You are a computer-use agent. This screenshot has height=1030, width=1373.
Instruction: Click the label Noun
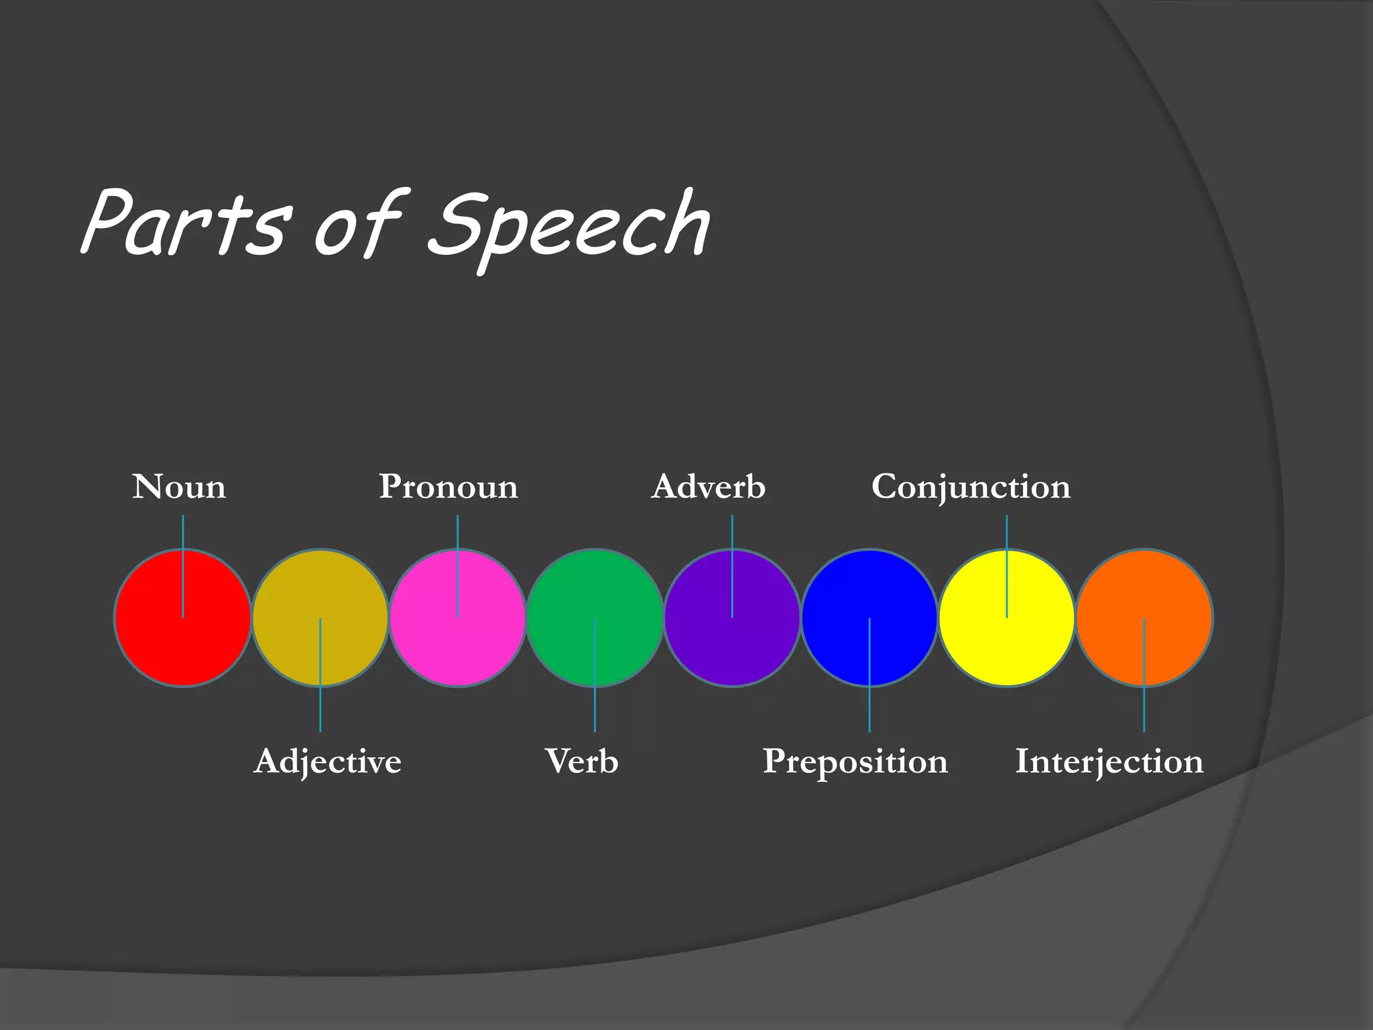pos(179,487)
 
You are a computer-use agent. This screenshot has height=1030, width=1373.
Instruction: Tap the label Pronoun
pos(449,487)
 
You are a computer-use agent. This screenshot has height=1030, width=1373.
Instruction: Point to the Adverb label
pos(708,487)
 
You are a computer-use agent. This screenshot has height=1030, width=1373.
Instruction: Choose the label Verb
pos(581,761)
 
